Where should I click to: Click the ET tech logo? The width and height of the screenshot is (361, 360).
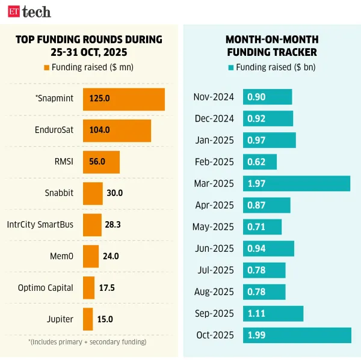tap(29, 11)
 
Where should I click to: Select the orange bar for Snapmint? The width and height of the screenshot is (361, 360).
tap(123, 99)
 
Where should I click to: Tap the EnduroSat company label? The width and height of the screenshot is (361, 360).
tap(55, 130)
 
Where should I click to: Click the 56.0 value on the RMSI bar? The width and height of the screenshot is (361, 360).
tap(97, 162)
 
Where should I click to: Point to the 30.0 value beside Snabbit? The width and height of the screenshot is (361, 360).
tap(114, 193)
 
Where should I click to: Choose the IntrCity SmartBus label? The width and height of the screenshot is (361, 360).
tap(40, 225)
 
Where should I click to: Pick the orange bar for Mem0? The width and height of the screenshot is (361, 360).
tap(90, 256)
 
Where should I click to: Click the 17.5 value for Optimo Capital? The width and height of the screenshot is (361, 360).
tap(107, 288)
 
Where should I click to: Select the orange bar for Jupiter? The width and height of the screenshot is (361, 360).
tap(88, 319)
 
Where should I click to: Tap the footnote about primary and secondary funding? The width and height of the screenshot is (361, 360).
tap(87, 342)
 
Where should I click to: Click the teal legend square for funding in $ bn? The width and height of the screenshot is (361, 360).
tap(231, 67)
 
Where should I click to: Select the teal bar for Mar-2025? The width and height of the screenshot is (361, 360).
tap(296, 183)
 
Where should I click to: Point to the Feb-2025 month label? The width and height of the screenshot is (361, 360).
tap(215, 162)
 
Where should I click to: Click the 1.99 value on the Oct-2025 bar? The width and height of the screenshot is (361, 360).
tap(256, 335)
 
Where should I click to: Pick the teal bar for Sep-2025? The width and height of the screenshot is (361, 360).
tap(273, 313)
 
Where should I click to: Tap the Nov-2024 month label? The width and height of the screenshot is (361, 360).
tap(215, 97)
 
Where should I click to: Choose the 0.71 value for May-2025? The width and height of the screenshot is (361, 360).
tap(256, 227)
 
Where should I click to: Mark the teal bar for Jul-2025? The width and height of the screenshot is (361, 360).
tap(264, 270)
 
